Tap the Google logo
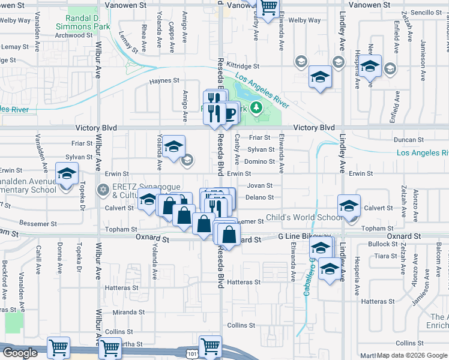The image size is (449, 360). [20, 353]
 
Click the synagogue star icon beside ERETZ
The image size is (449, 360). [103, 190]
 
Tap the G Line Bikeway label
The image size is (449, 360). [304, 238]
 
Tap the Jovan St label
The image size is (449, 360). [260, 186]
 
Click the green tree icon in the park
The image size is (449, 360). [256, 107]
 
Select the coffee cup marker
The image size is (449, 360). [229, 113]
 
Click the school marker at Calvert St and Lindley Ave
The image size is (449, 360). [349, 206]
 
